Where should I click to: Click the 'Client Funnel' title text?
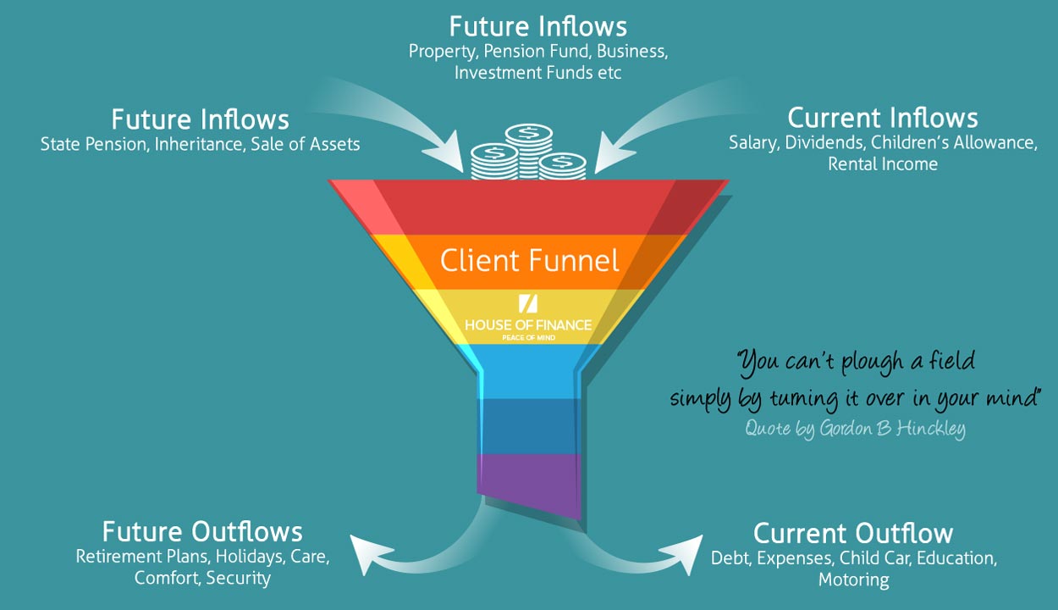530,261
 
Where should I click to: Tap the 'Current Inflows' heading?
882,118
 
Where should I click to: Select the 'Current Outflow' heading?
853,533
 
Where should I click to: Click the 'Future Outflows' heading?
202,531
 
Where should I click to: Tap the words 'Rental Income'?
883,164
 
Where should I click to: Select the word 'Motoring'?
854,579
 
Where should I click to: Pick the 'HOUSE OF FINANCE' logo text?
528,324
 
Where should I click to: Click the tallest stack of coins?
528,152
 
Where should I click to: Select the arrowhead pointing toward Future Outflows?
371,553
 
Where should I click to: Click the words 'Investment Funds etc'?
537,73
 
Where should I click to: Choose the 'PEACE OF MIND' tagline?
528,338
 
